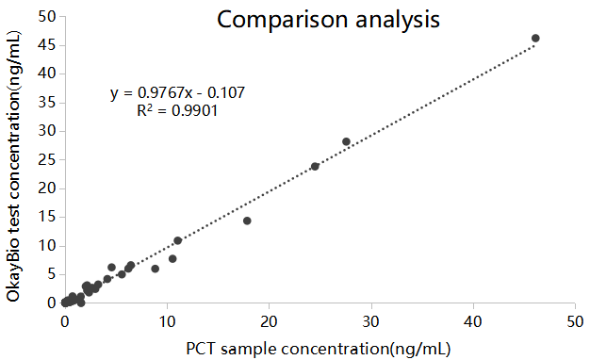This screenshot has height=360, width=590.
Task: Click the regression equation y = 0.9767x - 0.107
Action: click(x=178, y=93)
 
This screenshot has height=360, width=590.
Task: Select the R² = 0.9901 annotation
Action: click(x=178, y=110)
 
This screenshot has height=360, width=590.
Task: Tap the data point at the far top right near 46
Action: click(x=535, y=39)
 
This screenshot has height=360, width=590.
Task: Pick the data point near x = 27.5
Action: click(x=346, y=141)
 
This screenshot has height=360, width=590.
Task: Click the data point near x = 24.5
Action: click(x=315, y=166)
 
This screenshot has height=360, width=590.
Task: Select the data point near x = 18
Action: click(x=247, y=221)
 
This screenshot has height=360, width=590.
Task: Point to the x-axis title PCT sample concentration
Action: click(x=319, y=348)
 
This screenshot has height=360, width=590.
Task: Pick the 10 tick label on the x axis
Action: click(x=167, y=321)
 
